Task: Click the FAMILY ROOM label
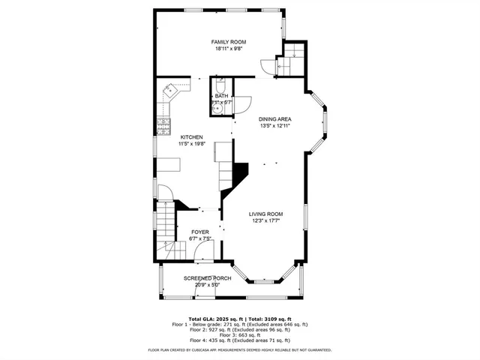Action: [x=229, y=42]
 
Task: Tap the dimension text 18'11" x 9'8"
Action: [x=229, y=49]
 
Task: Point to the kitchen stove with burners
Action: [x=163, y=124]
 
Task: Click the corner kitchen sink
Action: [x=169, y=93]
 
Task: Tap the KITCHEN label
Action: [x=191, y=137]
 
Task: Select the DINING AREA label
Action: [x=274, y=119]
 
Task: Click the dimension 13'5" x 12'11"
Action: [x=274, y=126]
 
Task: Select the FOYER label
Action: [x=200, y=232]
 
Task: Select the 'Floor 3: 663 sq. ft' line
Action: [x=240, y=334]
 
